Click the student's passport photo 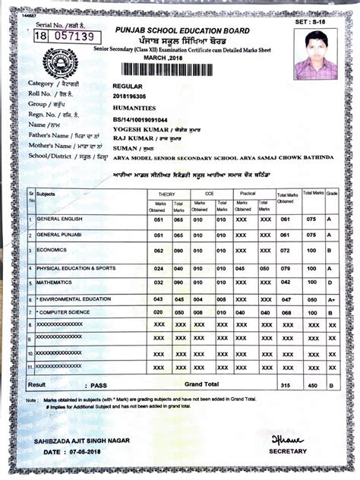click(x=314, y=55)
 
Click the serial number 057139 click(x=73, y=36)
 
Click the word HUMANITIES click(x=135, y=109)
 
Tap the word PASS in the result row click(x=97, y=385)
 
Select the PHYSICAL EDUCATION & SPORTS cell click(x=77, y=268)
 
